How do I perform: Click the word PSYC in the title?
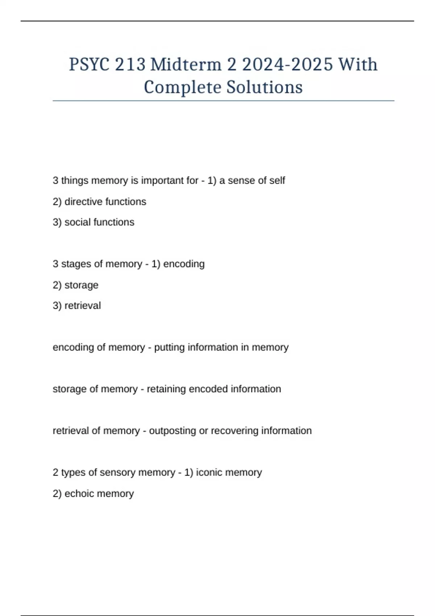pos(89,65)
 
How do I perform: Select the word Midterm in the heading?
pos(186,65)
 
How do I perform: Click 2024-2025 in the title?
pos(287,65)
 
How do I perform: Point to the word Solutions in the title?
pos(265,87)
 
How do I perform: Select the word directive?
pos(83,201)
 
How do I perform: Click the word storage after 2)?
pos(81,285)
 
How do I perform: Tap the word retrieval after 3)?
pos(83,306)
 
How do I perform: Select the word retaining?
pos(166,389)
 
